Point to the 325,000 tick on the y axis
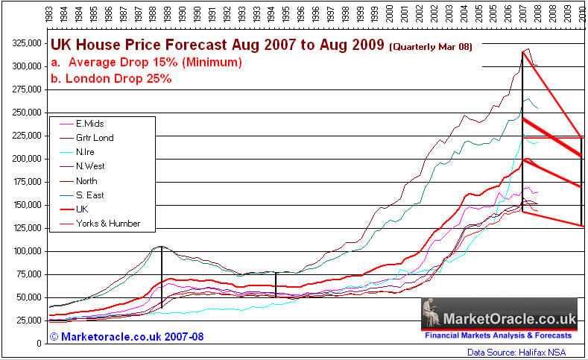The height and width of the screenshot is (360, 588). (x=24, y=43)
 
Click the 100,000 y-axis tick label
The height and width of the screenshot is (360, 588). (x=24, y=251)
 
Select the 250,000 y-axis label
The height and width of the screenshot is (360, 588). (x=24, y=113)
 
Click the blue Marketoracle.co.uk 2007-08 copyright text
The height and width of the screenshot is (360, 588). (x=127, y=337)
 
